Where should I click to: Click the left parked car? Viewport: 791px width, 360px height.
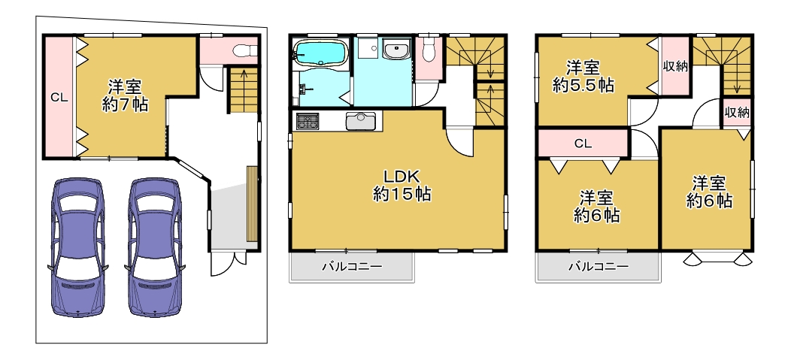[77, 247]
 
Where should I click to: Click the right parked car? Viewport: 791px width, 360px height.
[154, 247]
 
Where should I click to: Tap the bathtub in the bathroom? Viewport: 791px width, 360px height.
[320, 53]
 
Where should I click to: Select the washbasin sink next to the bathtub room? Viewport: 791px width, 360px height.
[397, 50]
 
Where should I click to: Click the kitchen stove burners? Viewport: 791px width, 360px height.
[308, 122]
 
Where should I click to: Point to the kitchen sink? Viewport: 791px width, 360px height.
[360, 122]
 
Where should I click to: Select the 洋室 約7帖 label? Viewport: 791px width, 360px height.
[125, 95]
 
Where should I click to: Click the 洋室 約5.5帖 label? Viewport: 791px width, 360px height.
[583, 77]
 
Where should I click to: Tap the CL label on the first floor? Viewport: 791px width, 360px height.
[59, 98]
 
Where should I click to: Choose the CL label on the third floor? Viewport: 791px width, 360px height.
[583, 144]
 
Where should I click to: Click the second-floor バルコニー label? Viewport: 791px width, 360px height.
[352, 266]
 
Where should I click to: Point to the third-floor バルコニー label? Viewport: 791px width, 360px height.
[599, 266]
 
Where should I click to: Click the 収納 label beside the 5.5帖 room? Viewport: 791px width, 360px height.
[675, 67]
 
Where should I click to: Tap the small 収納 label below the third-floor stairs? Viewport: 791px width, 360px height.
[737, 113]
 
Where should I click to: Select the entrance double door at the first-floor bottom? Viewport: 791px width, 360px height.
[229, 263]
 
